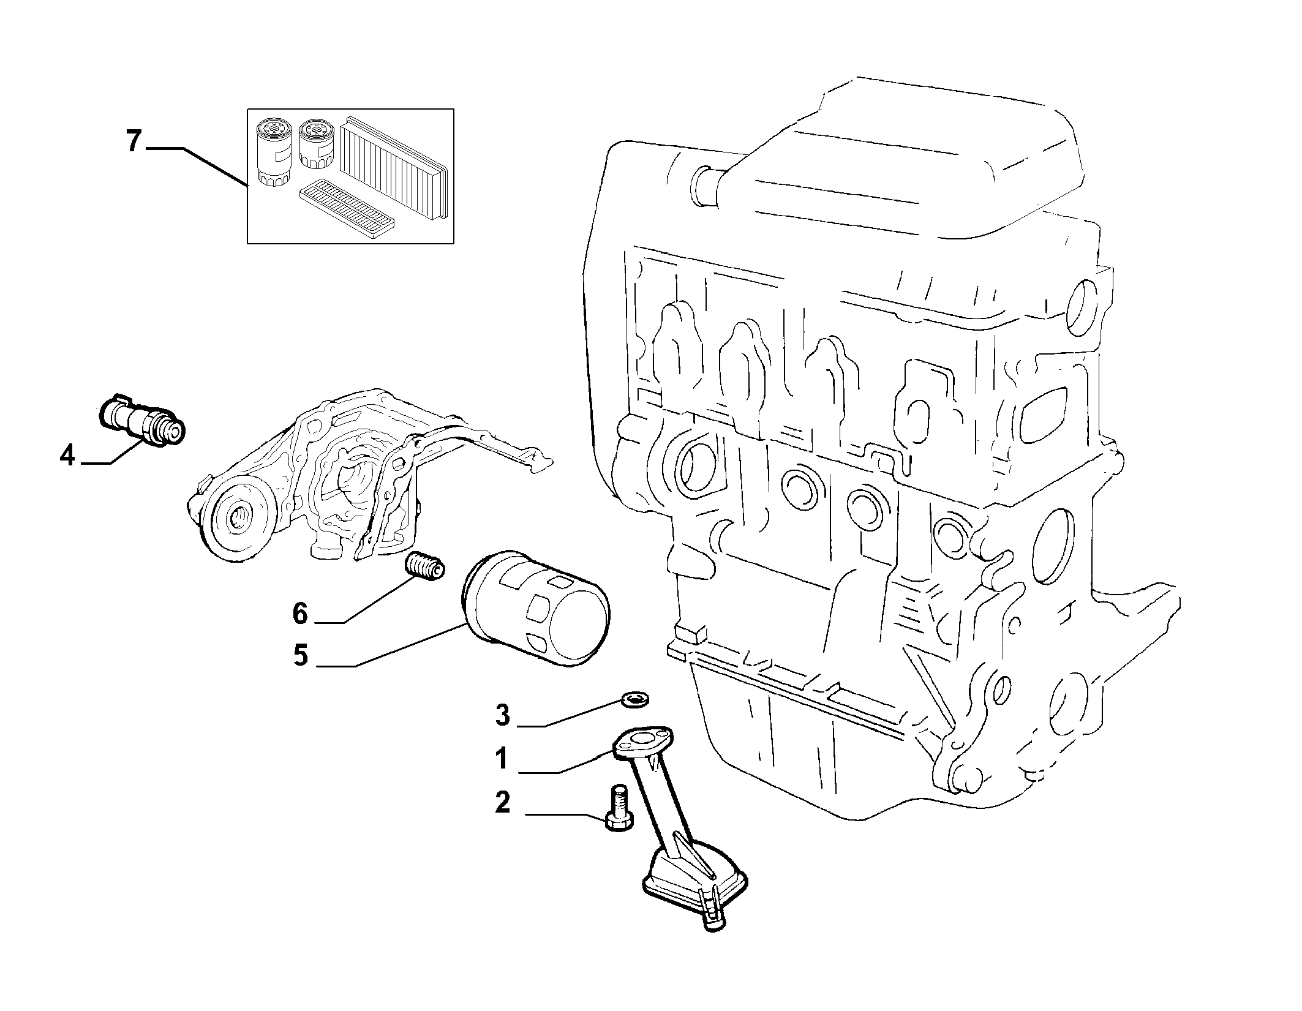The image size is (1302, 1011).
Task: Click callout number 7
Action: coord(134,142)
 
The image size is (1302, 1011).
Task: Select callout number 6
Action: coord(300,613)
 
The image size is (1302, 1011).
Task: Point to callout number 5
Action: coord(300,655)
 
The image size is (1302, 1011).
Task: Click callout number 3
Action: coord(502,715)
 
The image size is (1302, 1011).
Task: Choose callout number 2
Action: coord(502,803)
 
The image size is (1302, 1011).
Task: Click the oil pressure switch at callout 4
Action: coord(141,422)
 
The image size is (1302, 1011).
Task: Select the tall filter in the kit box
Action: coord(274,152)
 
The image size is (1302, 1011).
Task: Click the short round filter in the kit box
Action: coord(317,143)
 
